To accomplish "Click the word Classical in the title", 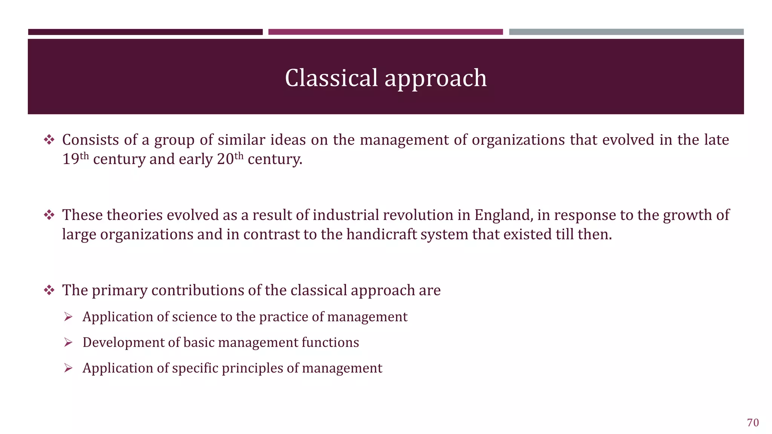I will tap(331, 78).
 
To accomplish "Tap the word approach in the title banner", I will tap(435, 79).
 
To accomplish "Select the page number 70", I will tap(753, 423).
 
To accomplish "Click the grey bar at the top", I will tap(626, 32).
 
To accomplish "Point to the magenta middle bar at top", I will tap(385, 32).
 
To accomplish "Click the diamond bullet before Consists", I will tap(49, 140).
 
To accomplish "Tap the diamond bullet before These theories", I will tap(49, 215).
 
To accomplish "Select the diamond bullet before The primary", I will tap(49, 290).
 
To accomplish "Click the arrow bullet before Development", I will tap(68, 342).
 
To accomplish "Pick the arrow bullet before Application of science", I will tap(68, 317).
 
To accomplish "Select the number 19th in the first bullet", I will tap(75, 158).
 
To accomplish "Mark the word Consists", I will tap(90, 140).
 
